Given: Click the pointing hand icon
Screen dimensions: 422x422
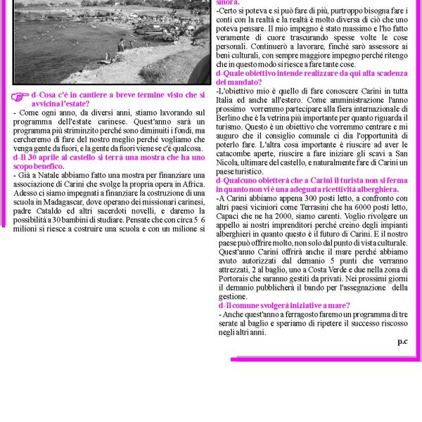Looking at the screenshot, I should [20, 97].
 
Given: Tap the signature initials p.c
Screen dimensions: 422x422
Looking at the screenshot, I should [402, 341].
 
